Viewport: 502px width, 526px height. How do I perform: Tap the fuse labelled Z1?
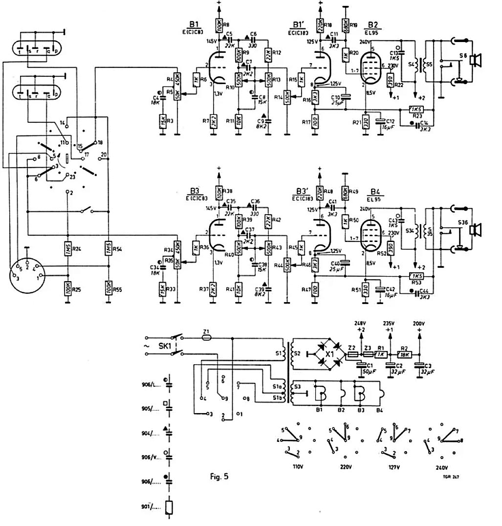coord(206,337)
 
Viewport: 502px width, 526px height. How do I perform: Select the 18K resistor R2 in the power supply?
coord(405,355)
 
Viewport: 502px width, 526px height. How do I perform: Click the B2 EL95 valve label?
coord(374,27)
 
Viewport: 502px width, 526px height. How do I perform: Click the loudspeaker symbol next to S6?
coord(474,60)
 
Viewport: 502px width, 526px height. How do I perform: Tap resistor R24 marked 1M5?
coord(66,250)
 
